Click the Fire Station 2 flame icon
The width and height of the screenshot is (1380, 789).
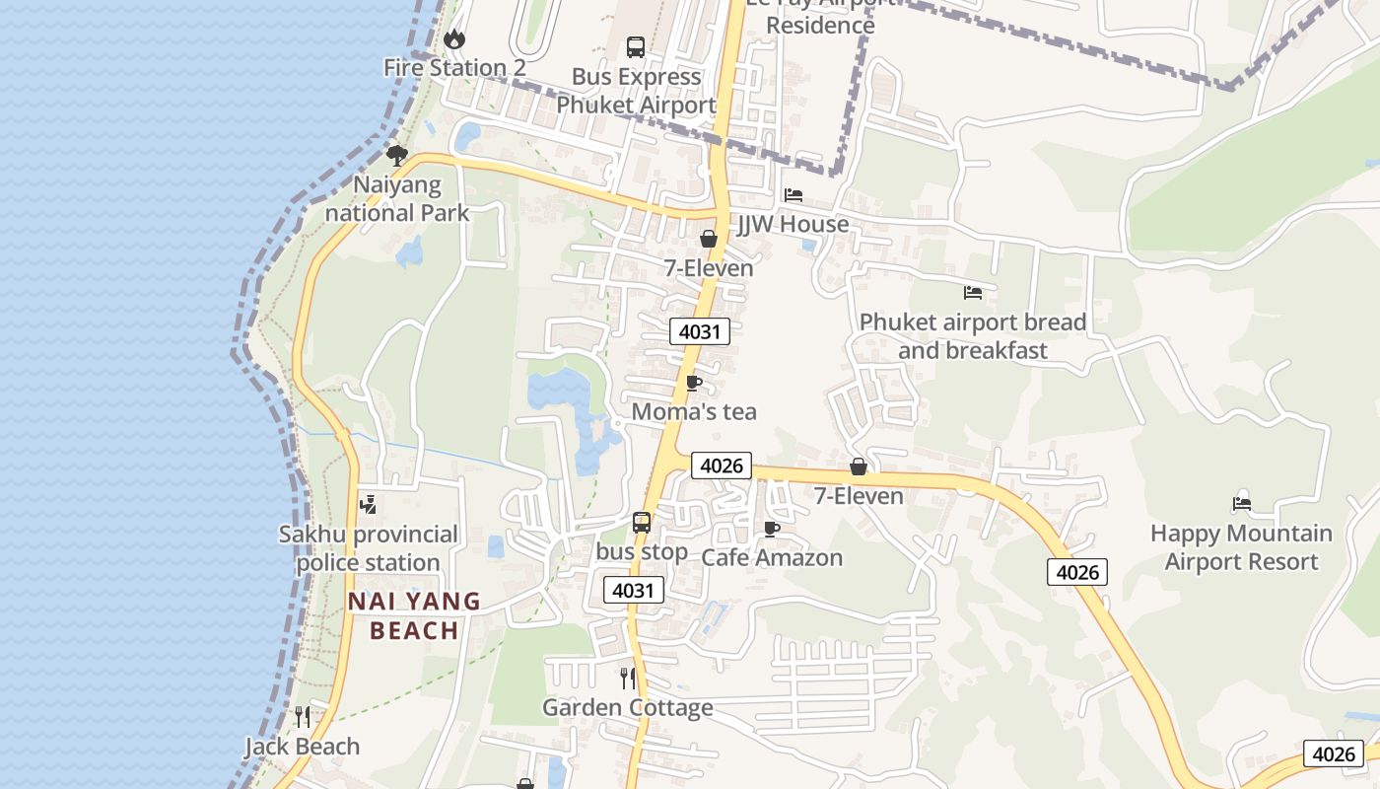453,39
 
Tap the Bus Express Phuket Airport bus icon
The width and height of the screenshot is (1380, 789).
636,46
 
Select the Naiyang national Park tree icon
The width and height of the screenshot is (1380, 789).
397,156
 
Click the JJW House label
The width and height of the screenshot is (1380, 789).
793,224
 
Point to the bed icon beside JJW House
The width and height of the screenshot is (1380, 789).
793,195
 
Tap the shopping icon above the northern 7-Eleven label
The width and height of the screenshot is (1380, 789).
708,239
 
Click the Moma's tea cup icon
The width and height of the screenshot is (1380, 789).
693,383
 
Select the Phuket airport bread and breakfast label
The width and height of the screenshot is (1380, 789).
972,336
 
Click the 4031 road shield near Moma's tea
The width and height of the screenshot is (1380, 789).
700,331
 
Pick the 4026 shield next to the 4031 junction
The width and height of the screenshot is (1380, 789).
722,466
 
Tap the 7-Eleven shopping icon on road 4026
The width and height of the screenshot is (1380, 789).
859,466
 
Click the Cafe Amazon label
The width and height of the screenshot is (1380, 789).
772,557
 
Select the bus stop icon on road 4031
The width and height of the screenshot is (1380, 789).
642,523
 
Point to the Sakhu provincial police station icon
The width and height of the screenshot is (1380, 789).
368,505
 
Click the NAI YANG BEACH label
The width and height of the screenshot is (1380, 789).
414,615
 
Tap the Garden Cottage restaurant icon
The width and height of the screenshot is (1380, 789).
627,679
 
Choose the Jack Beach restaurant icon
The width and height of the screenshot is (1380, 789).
302,717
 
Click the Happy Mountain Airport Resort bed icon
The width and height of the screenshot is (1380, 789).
1241,504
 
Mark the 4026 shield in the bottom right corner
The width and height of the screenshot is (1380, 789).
1334,753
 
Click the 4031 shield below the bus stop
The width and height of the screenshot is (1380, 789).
634,590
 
